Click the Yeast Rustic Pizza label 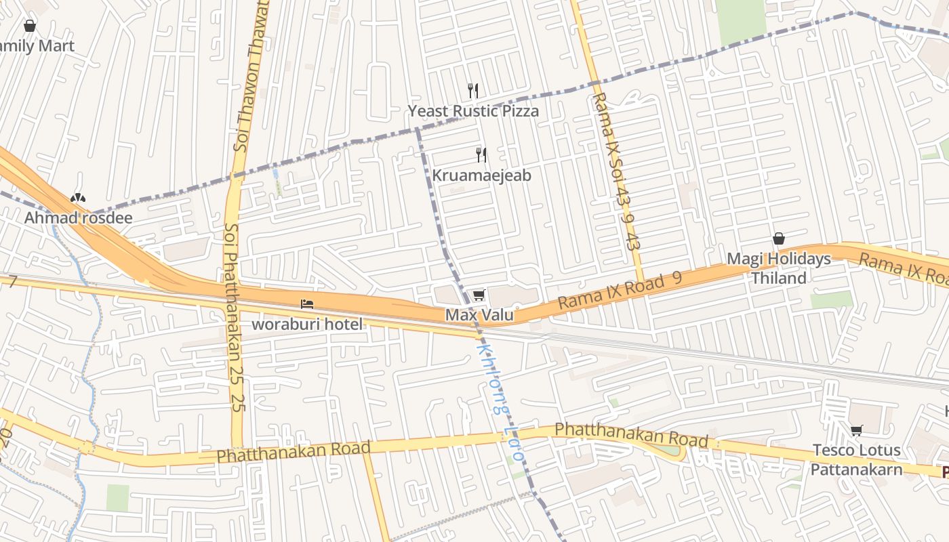click(x=473, y=110)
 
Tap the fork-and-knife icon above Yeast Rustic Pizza click(x=473, y=90)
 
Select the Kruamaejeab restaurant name click(x=481, y=175)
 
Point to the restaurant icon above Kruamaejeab click(x=481, y=155)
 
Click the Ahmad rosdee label click(x=78, y=218)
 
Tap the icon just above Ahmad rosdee click(x=78, y=198)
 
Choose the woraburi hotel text click(x=307, y=324)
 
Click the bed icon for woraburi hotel click(x=307, y=304)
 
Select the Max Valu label click(x=479, y=315)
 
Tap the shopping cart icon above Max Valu click(x=479, y=295)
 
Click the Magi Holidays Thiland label click(x=778, y=268)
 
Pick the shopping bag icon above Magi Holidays click(x=778, y=239)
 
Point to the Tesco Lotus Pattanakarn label click(x=857, y=459)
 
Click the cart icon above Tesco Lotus click(x=857, y=431)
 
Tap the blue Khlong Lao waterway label click(x=500, y=403)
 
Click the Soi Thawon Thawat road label click(x=251, y=75)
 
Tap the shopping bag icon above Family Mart click(x=30, y=26)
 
